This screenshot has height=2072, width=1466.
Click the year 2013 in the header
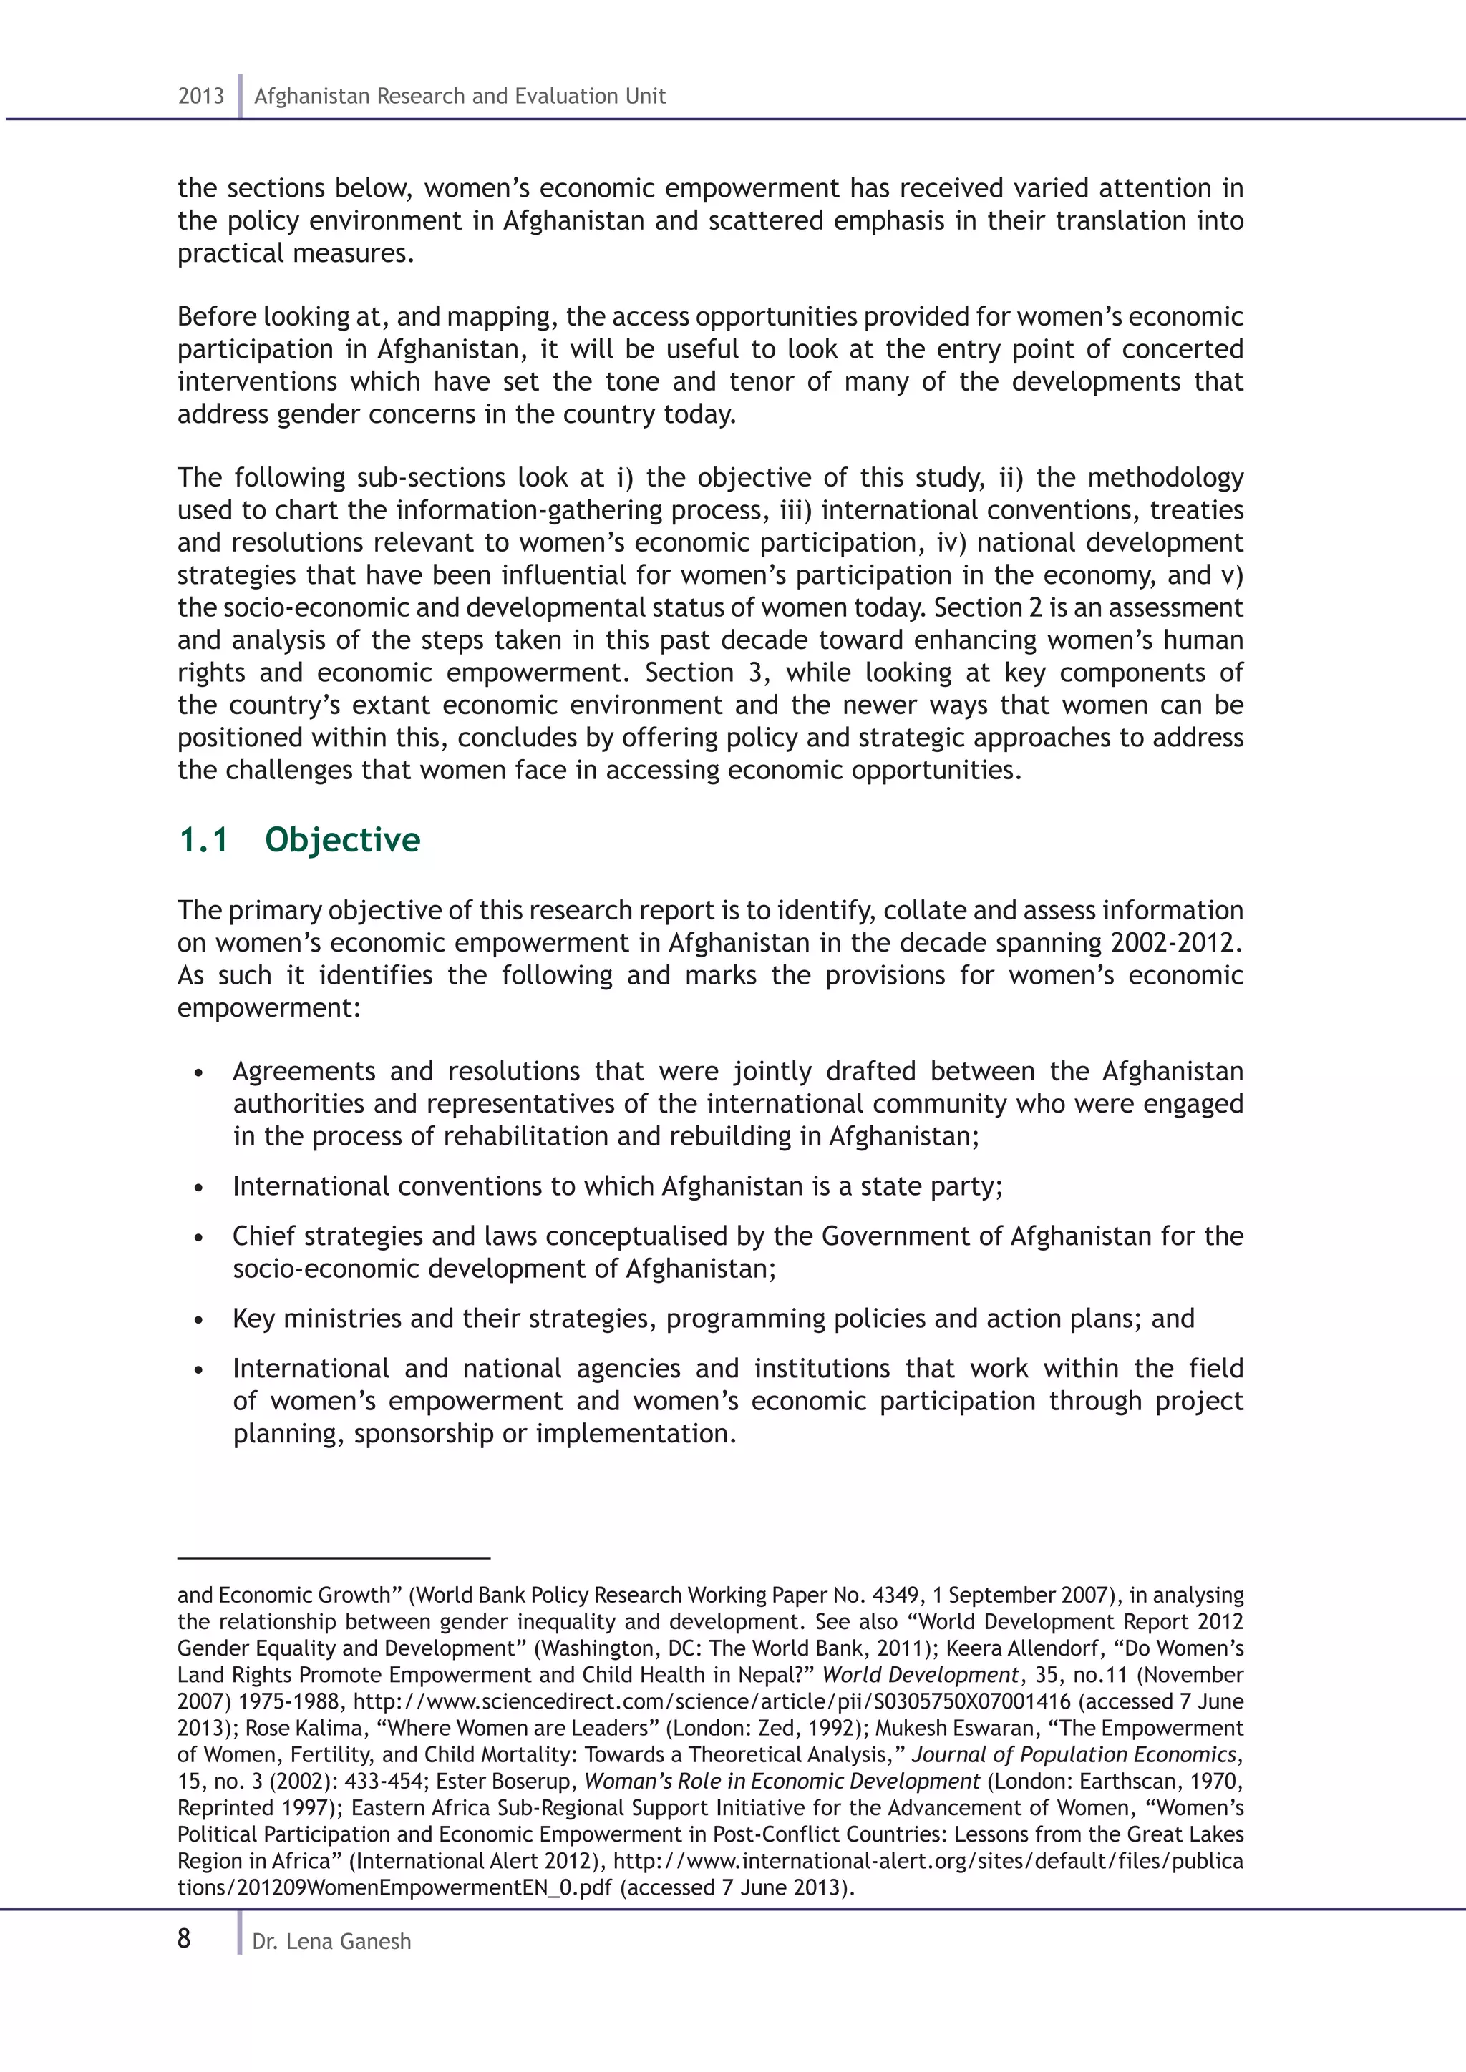tap(200, 96)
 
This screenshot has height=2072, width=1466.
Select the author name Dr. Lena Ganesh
tap(331, 1941)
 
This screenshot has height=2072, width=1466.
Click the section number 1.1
tap(203, 839)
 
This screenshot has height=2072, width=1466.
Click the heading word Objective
tap(342, 839)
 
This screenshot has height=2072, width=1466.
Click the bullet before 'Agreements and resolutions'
tap(198, 1074)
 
